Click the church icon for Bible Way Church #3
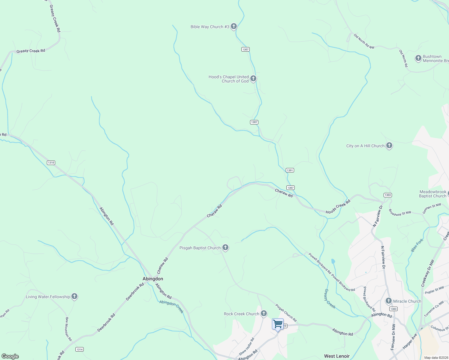click(x=234, y=26)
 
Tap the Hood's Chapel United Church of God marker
click(x=253, y=79)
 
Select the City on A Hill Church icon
click(x=389, y=146)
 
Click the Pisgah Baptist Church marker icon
click(x=225, y=247)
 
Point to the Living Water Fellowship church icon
click(x=74, y=296)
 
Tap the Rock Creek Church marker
click(x=264, y=313)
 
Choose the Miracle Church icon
click(x=388, y=301)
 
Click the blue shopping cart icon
click(x=278, y=324)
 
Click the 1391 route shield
click(x=290, y=170)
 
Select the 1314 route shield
click(x=79, y=349)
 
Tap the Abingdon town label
click(x=153, y=279)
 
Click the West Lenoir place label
click(x=337, y=356)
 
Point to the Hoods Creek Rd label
click(x=338, y=207)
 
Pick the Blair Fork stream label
click(x=417, y=245)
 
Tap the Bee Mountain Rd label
click(x=69, y=329)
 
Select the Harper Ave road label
click(x=410, y=341)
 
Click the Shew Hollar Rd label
click(x=247, y=346)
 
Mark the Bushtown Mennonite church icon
click(x=418, y=58)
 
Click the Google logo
click(x=10, y=356)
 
